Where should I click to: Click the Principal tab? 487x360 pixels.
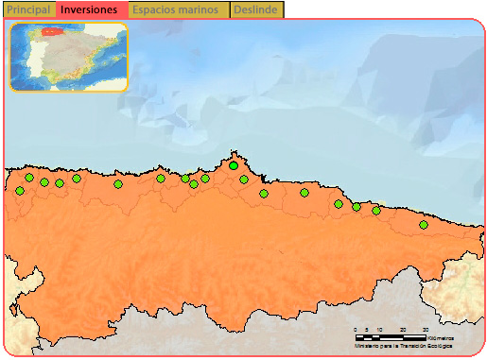(x=28, y=9)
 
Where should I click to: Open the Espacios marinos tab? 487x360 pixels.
(x=176, y=9)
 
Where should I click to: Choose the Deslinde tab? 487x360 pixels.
(x=255, y=9)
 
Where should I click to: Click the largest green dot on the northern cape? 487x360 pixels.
(x=234, y=166)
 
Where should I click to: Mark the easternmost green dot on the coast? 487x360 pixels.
(x=424, y=225)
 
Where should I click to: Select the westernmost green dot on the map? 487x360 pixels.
(x=20, y=191)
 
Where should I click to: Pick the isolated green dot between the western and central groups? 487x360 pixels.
(x=118, y=184)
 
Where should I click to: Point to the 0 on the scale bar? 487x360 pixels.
(x=355, y=330)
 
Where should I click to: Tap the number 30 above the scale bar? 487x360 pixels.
(x=425, y=330)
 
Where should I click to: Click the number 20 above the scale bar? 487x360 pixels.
(x=402, y=330)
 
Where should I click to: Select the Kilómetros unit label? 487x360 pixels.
(x=441, y=337)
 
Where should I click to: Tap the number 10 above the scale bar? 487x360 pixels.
(x=379, y=330)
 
